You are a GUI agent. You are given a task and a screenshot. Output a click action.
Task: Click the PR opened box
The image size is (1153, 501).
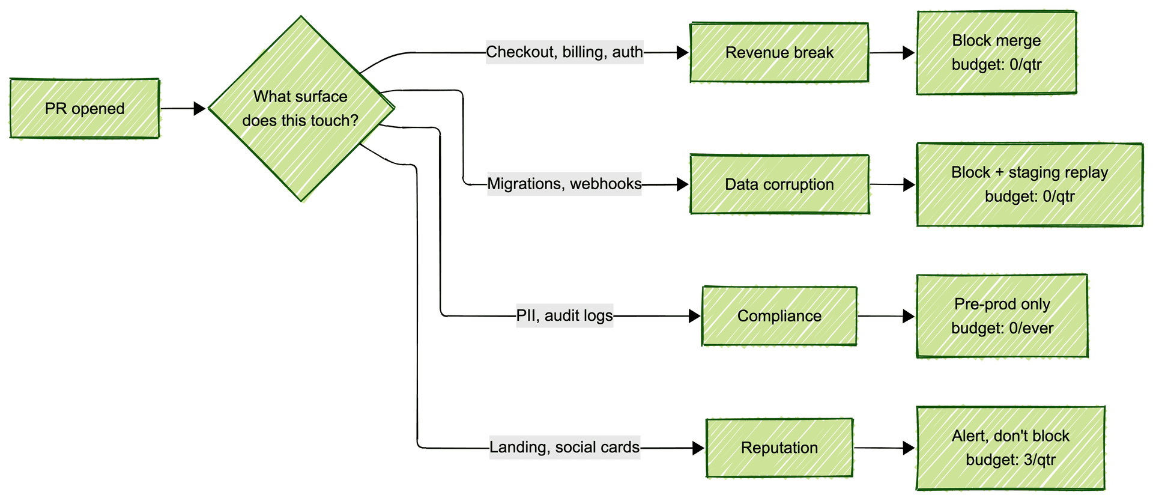(x=85, y=109)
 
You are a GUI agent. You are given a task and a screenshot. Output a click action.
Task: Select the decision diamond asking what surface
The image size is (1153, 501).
(x=301, y=109)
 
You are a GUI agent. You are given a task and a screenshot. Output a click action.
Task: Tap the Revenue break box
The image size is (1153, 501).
(x=779, y=53)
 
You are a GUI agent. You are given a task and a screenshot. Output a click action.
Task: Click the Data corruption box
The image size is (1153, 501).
(x=779, y=184)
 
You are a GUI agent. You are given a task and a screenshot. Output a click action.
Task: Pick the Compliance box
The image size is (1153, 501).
(x=779, y=316)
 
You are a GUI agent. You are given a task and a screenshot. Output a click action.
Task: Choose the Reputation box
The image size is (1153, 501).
(x=779, y=448)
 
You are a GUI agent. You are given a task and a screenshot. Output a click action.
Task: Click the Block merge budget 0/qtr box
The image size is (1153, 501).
(x=996, y=53)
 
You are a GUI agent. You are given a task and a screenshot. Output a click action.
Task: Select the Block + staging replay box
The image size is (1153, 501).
(x=1029, y=184)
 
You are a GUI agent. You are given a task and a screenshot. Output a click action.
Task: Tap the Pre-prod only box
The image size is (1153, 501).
(x=1002, y=316)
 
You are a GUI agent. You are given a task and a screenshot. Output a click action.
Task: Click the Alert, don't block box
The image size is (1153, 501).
(x=1010, y=448)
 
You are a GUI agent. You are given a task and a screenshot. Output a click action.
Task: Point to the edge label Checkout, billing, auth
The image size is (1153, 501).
(x=564, y=52)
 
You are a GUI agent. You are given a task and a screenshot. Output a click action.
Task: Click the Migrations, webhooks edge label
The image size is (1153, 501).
(x=564, y=184)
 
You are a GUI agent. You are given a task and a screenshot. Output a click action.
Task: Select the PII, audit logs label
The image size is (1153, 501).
(x=564, y=315)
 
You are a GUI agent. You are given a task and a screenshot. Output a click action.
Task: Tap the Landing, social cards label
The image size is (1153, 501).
(x=564, y=448)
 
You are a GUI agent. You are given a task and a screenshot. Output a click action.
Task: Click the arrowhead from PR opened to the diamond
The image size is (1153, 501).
(x=199, y=109)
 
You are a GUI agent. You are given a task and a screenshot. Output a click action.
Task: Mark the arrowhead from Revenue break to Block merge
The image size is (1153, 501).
(x=909, y=53)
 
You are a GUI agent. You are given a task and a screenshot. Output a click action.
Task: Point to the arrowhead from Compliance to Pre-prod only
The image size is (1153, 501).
(x=909, y=316)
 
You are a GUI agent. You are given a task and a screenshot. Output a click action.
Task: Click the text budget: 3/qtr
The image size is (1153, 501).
(x=1010, y=460)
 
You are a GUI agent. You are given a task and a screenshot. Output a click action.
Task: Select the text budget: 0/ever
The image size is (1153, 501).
(x=1002, y=329)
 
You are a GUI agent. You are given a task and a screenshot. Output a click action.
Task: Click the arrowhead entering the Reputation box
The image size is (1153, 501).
(x=698, y=448)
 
